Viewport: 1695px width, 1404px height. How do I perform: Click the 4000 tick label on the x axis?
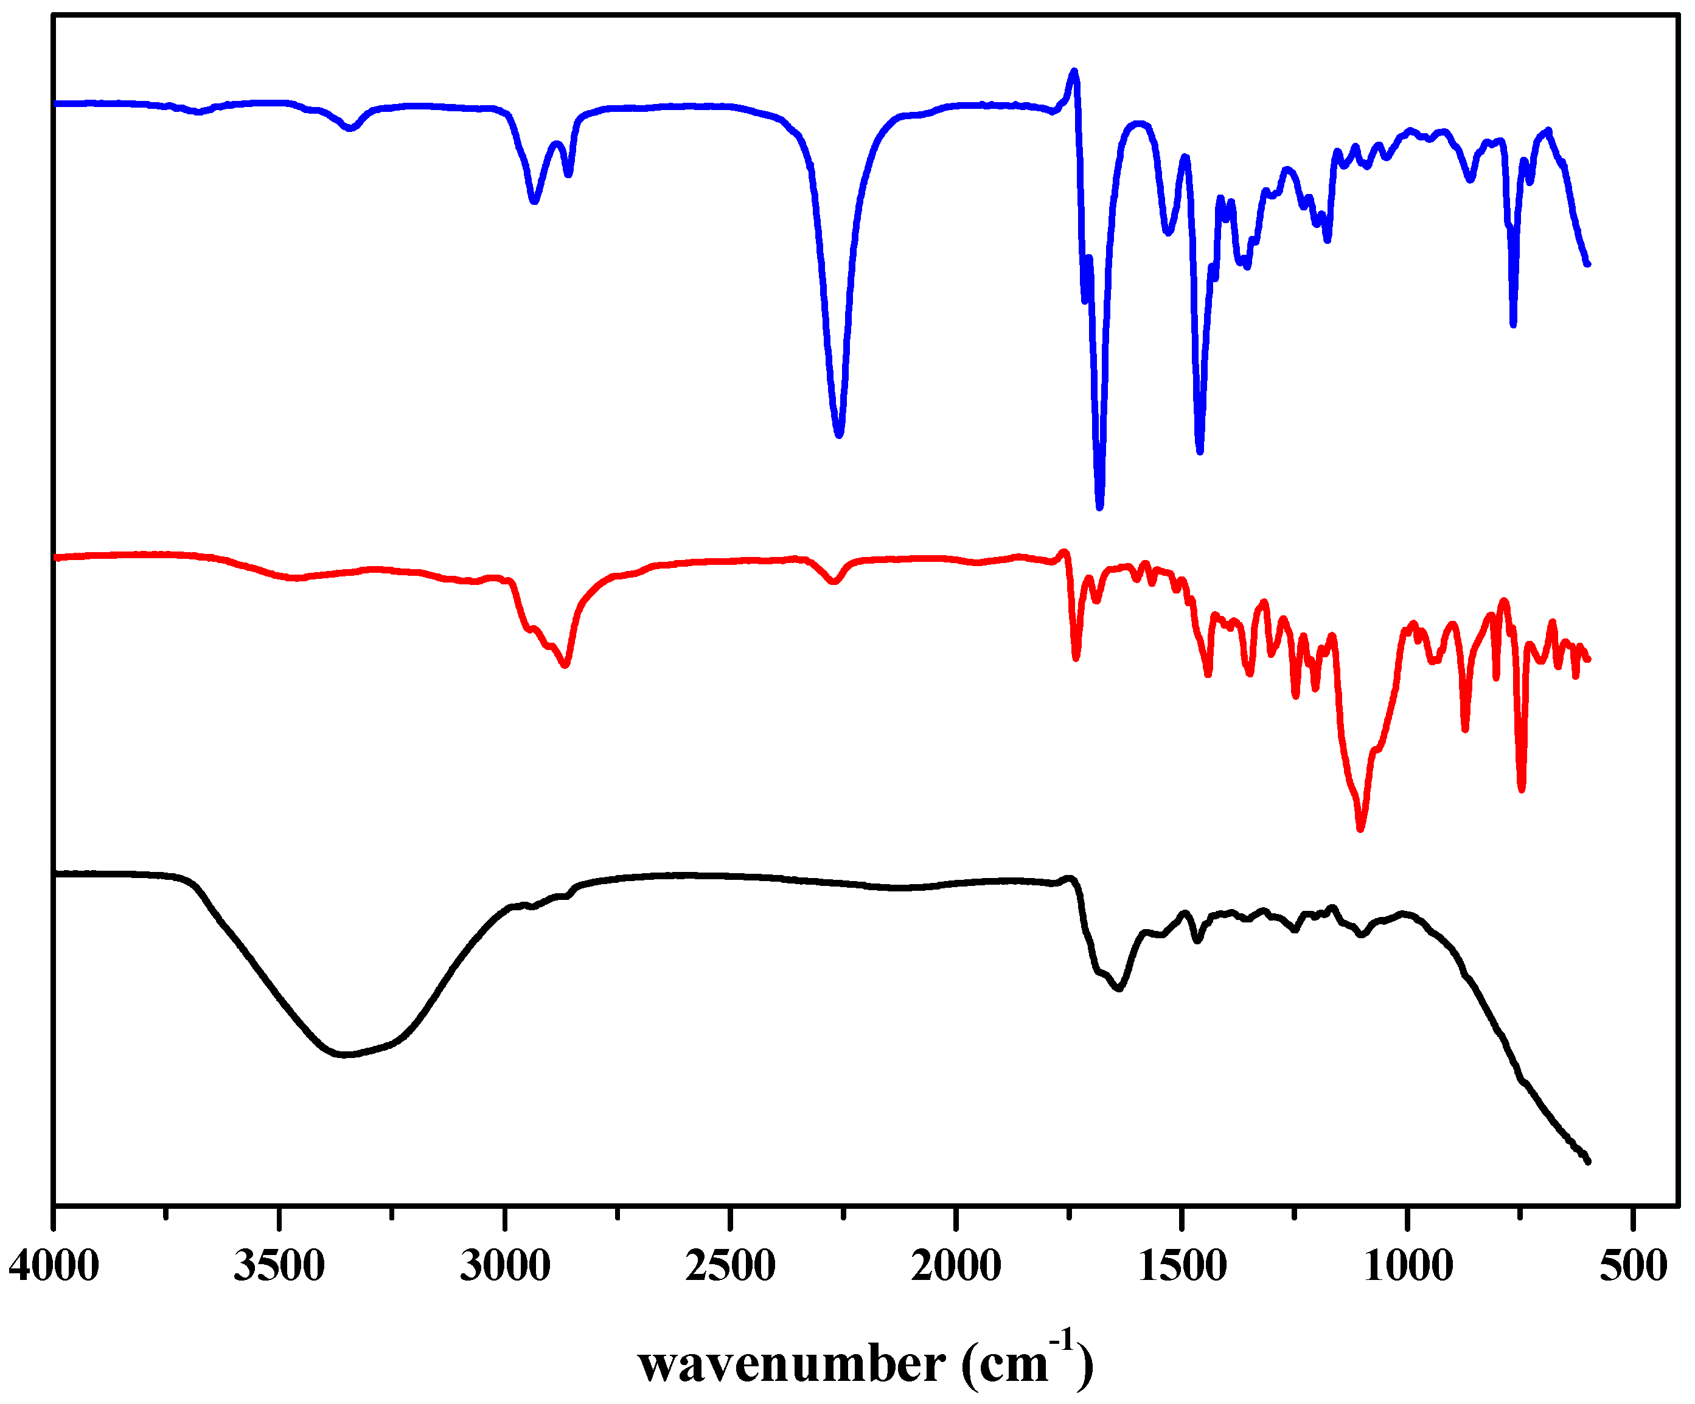pos(54,1265)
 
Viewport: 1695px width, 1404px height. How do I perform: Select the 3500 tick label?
pos(279,1265)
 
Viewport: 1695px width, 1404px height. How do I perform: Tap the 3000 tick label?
pos(505,1265)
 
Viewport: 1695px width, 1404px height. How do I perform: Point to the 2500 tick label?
pos(731,1265)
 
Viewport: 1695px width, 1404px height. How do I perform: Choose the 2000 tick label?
pos(956,1265)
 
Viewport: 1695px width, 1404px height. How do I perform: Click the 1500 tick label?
pos(1183,1265)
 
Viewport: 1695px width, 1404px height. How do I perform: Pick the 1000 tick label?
pos(1408,1265)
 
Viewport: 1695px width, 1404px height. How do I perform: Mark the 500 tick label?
pos(1634,1265)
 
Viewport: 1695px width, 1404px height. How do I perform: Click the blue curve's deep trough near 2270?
pos(840,434)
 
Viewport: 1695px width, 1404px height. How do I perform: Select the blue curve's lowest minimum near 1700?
pos(1099,507)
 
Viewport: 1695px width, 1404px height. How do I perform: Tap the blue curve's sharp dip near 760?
pos(1514,323)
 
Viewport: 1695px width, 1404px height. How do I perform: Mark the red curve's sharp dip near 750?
pos(1522,789)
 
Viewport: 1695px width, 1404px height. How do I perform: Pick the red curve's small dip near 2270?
pos(835,581)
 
